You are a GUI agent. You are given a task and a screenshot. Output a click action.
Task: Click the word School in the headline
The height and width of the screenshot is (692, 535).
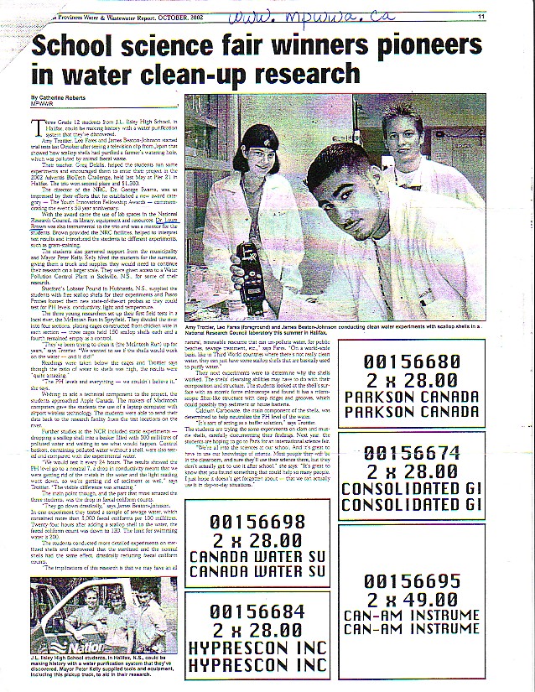click(80, 44)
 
